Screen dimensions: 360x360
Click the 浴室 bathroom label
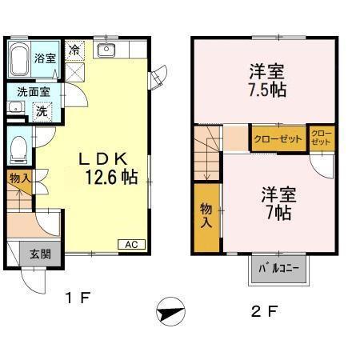45,58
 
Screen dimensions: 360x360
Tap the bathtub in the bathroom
20,58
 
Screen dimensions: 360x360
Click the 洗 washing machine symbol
41,111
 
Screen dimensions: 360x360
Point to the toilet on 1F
18,148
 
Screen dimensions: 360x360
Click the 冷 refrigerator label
74,50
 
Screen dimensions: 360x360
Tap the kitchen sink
106,50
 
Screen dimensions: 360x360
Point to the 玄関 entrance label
40,254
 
